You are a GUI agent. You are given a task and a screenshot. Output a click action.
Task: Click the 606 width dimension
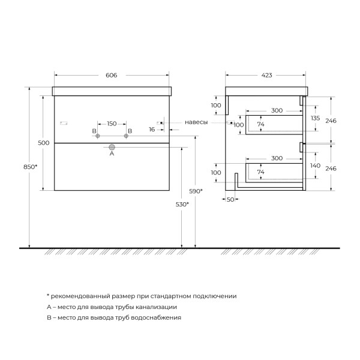(x=111, y=76)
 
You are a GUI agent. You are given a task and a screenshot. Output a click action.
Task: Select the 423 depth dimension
(x=267, y=76)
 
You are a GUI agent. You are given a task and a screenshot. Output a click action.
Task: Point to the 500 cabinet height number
(x=43, y=143)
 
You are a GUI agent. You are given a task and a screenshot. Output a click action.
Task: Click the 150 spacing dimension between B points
(x=112, y=123)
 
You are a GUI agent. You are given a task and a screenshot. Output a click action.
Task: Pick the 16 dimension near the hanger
(x=152, y=129)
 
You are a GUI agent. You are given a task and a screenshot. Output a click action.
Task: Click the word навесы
(x=197, y=122)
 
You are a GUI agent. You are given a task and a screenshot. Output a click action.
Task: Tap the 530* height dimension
(x=182, y=204)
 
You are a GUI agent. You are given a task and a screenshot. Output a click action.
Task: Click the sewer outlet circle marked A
(x=112, y=146)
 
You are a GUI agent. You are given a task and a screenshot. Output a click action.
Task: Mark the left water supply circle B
(x=97, y=137)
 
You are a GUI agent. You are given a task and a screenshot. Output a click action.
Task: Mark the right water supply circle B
(x=127, y=137)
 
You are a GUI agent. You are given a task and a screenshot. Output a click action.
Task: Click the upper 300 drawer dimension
(x=276, y=111)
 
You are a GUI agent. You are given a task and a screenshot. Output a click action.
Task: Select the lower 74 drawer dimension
(x=261, y=172)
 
